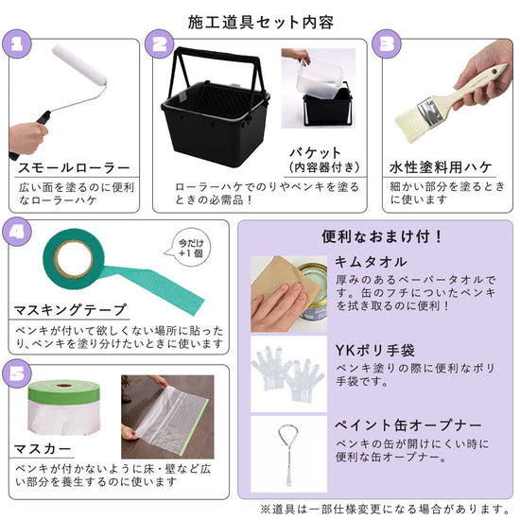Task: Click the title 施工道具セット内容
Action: pyautogui.click(x=261, y=23)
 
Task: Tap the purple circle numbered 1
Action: pyautogui.click(x=17, y=44)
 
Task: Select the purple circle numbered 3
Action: pyautogui.click(x=387, y=44)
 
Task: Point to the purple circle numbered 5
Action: pyautogui.click(x=17, y=373)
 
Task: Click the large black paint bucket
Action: pyautogui.click(x=216, y=110)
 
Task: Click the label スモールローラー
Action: pyautogui.click(x=74, y=167)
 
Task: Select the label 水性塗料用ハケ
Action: pyautogui.click(x=441, y=166)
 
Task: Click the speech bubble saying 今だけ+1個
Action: pyautogui.click(x=189, y=248)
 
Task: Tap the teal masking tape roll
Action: pyautogui.click(x=74, y=259)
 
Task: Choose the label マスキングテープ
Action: pyautogui.click(x=70, y=310)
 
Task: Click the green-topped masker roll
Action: pyautogui.click(x=64, y=408)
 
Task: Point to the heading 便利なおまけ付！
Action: pyautogui.click(x=382, y=236)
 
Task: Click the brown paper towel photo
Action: pyautogui.click(x=289, y=294)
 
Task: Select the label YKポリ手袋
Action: pyautogui.click(x=374, y=350)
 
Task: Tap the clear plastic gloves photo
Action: pyautogui.click(x=289, y=374)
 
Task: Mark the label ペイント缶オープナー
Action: pyautogui.click(x=407, y=425)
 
